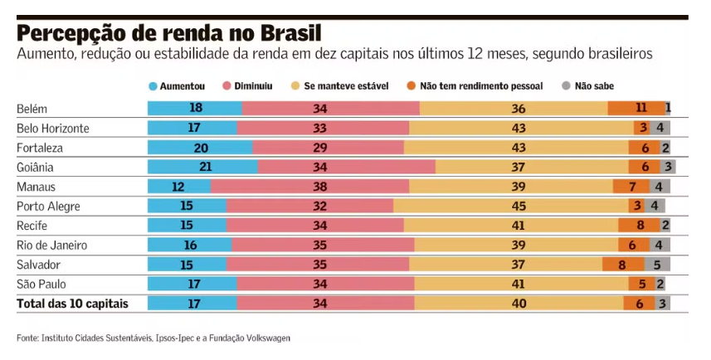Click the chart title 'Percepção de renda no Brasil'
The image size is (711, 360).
168,33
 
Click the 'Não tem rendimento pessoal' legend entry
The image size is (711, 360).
475,85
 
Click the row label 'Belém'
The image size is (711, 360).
32,109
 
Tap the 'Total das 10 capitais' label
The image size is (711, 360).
72,304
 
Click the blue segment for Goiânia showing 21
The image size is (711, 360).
202,167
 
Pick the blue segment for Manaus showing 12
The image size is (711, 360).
179,187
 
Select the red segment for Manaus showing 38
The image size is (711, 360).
309,187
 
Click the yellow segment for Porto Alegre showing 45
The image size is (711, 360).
510,206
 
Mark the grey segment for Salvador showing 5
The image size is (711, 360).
657,265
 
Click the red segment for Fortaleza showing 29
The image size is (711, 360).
328,148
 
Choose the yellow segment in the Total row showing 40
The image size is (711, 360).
519,304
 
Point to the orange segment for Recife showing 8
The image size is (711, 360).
639,226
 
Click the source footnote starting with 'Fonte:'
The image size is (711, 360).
153,338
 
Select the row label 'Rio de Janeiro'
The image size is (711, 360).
51,245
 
